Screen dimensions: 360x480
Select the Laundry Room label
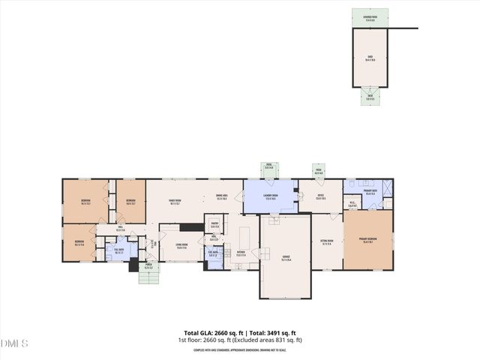[x=271, y=196]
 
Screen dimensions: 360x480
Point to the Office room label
[x=320, y=196]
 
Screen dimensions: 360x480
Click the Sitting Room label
[x=327, y=243]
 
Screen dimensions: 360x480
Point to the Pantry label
[x=214, y=224]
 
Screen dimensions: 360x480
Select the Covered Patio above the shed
[x=370, y=17]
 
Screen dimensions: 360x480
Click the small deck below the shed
[x=370, y=95]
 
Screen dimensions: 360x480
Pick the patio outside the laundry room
[x=268, y=167]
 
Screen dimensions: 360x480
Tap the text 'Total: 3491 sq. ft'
[x=271, y=332]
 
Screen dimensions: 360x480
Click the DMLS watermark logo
[x=15, y=343]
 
